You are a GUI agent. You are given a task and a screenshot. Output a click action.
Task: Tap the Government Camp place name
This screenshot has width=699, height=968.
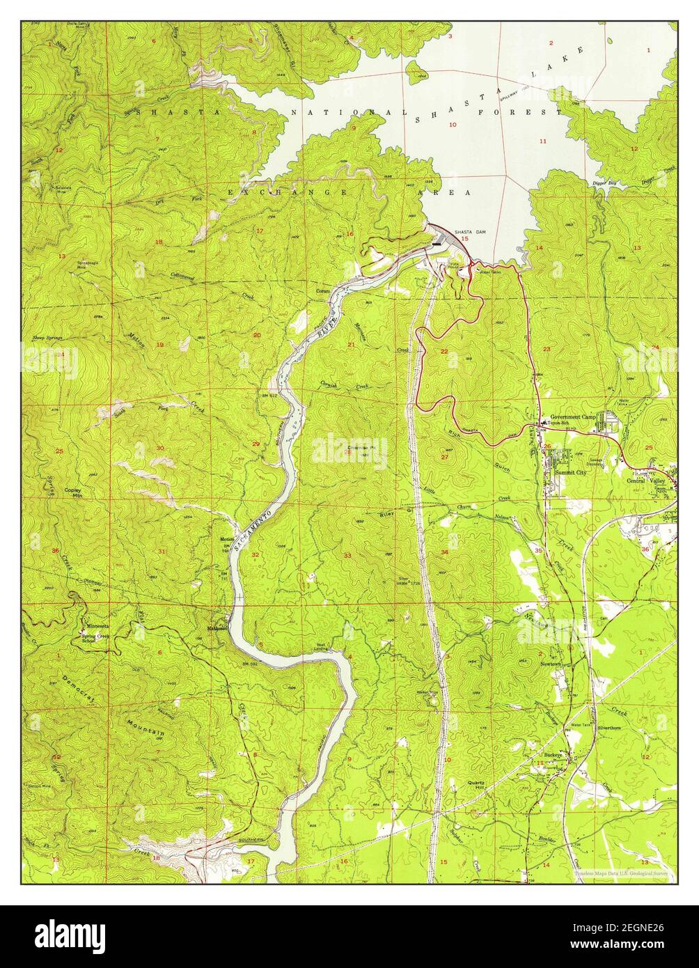click(x=574, y=416)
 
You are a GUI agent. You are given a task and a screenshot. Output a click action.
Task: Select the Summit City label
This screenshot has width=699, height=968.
click(x=570, y=473)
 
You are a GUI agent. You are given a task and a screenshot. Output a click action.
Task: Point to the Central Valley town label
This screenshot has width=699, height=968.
click(x=645, y=481)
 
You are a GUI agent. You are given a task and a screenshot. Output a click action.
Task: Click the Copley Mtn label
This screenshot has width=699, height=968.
click(x=73, y=492)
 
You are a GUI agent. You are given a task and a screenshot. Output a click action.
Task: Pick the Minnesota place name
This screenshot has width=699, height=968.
click(x=99, y=625)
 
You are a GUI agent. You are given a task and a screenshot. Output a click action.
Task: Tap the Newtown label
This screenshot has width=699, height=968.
click(x=551, y=664)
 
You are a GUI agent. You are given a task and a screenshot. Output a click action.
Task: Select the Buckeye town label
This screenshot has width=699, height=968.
click(x=553, y=755)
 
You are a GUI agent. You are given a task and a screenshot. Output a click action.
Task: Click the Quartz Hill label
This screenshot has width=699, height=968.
click(x=476, y=784)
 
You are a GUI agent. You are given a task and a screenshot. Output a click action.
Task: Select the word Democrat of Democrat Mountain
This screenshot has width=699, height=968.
click(x=79, y=689)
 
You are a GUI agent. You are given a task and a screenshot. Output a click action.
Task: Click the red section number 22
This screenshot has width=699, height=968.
click(x=444, y=351)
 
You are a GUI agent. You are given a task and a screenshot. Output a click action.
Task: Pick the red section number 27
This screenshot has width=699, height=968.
click(x=444, y=457)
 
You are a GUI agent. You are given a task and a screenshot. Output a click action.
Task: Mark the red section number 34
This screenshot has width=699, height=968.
click(x=444, y=552)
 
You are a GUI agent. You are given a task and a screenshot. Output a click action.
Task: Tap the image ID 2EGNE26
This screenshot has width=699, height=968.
click(x=641, y=928)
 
